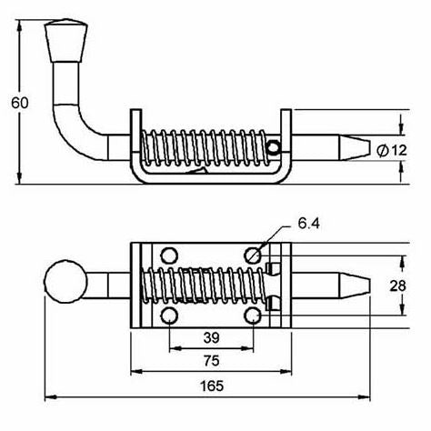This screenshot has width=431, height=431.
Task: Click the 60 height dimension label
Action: [x=20, y=103]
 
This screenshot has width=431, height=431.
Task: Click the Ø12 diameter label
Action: [x=391, y=150]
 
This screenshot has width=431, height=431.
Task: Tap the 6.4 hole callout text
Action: [x=308, y=224]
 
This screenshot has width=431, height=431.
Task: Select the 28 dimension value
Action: [x=397, y=286]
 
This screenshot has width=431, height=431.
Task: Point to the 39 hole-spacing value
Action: [x=211, y=337]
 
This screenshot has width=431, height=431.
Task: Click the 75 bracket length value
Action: [x=211, y=361]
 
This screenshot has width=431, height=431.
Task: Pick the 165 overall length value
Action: [x=212, y=386]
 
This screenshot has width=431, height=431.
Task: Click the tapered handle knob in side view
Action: [x=66, y=41]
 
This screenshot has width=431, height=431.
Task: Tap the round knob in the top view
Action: [x=65, y=281]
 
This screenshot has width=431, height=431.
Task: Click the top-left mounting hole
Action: [x=169, y=256]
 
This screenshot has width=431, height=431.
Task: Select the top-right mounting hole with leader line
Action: [x=253, y=256]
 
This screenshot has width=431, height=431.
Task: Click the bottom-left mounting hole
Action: [x=169, y=316]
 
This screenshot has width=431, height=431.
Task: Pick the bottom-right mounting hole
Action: [x=253, y=316]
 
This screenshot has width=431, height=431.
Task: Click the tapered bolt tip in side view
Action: [x=355, y=147]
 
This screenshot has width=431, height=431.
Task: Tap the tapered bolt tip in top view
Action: [x=355, y=286]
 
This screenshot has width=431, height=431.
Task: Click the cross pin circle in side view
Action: [x=274, y=147]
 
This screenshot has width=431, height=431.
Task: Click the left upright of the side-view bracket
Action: [x=135, y=134]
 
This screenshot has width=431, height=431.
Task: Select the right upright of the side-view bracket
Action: [x=286, y=134]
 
